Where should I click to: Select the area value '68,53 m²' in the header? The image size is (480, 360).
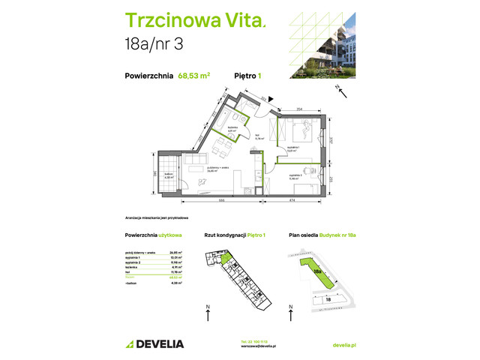193,75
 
